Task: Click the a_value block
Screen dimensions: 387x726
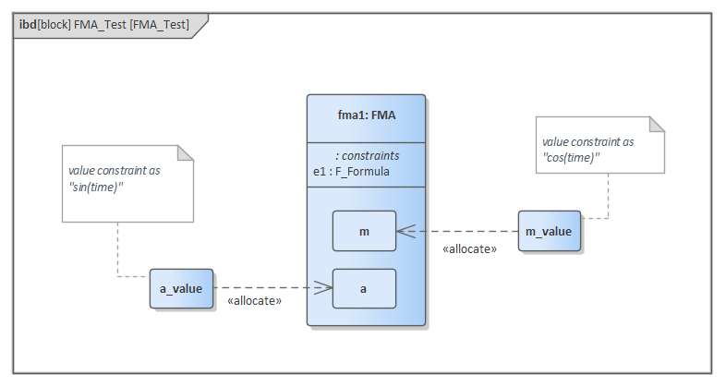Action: coord(181,289)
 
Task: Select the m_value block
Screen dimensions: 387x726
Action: coord(549,231)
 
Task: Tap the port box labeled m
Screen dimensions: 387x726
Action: coord(364,231)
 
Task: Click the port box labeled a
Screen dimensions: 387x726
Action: coord(364,289)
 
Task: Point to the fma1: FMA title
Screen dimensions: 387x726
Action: coord(366,117)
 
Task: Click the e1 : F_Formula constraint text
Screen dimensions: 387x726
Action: coord(351,171)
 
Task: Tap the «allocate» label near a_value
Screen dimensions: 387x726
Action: coord(254,301)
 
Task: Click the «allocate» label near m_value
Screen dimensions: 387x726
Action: coord(470,249)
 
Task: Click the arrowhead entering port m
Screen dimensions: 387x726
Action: coord(405,232)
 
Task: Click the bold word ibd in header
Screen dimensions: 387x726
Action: coord(27,25)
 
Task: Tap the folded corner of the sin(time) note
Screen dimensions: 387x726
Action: coord(186,153)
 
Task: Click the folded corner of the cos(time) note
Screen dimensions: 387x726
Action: coord(657,125)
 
